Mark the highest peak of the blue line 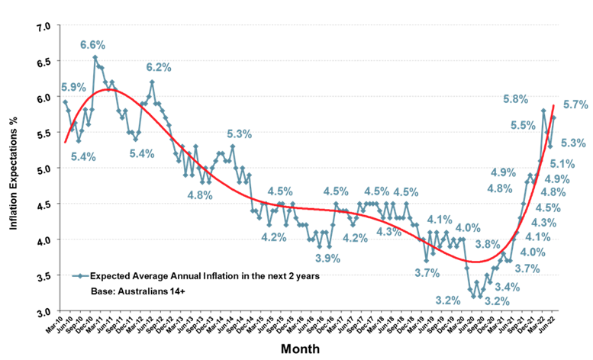95,57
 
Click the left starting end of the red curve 66,143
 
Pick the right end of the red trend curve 553,105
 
